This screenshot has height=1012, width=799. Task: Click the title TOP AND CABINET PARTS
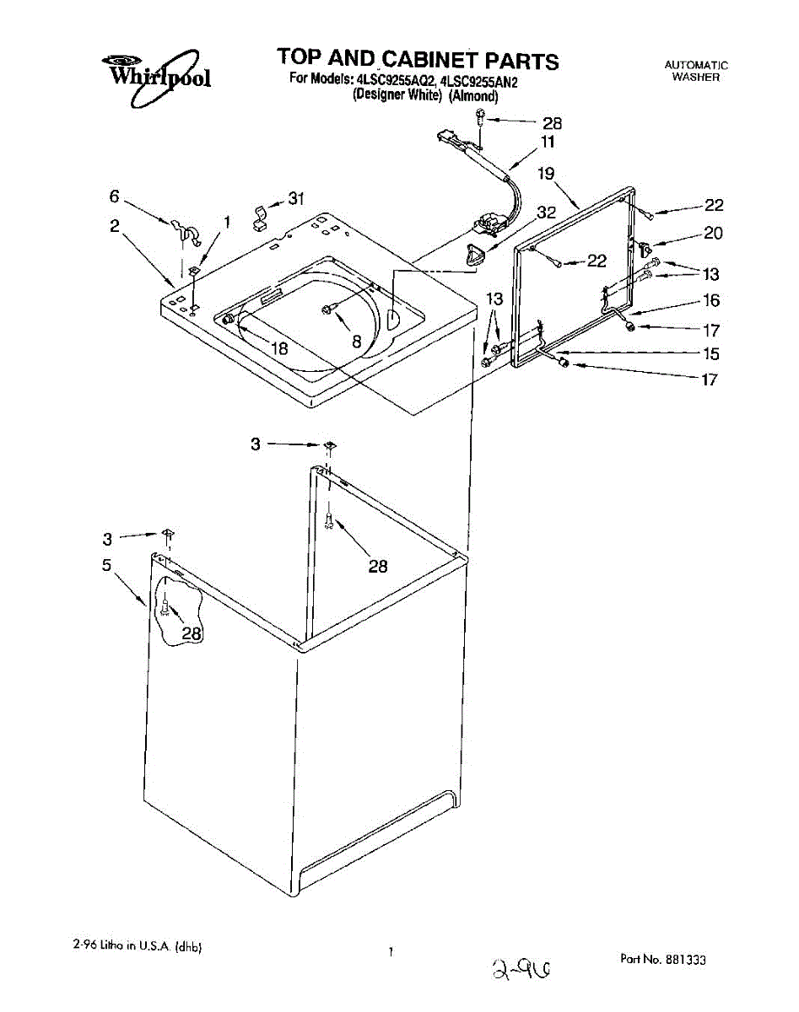[x=418, y=60]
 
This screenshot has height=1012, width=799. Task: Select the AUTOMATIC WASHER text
[x=695, y=71]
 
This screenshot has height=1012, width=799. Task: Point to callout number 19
[x=546, y=175]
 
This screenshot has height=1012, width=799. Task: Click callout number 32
[x=546, y=213]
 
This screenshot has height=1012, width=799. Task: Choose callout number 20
[x=713, y=234]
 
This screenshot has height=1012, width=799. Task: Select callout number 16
[x=711, y=301]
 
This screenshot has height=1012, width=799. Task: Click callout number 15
[x=711, y=355]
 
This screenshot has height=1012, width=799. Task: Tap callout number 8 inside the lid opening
[x=356, y=342]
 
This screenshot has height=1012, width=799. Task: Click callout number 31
[x=295, y=199]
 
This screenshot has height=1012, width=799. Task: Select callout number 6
[x=114, y=196]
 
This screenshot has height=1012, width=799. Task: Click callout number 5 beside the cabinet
[x=107, y=566]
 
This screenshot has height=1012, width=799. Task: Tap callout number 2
[x=114, y=225]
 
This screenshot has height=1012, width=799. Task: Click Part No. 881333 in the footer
[x=662, y=960]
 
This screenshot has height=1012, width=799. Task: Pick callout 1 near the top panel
[x=225, y=222]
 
